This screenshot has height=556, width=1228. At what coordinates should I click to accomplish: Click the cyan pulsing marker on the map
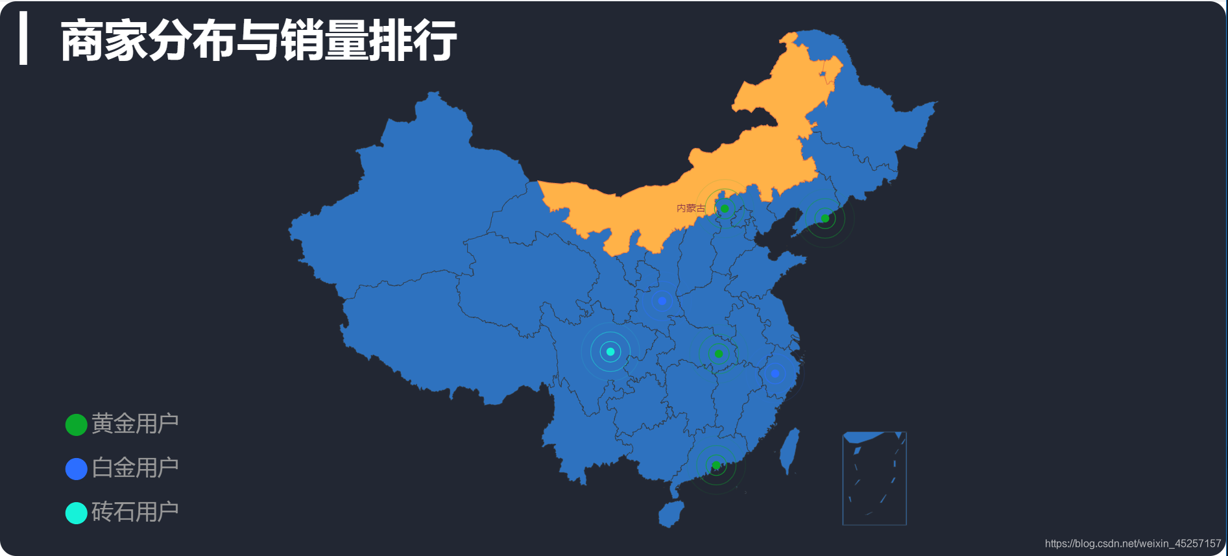tap(610, 352)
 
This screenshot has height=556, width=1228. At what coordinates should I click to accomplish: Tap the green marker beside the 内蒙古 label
tap(725, 208)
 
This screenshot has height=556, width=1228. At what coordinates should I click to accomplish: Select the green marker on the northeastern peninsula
tap(825, 218)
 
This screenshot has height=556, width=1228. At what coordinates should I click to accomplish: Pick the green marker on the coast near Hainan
tap(716, 465)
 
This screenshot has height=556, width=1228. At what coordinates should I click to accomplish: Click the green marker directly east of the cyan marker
tap(718, 354)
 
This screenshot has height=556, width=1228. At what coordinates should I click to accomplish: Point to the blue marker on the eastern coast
tap(775, 373)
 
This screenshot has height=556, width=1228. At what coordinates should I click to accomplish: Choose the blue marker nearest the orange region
tap(662, 300)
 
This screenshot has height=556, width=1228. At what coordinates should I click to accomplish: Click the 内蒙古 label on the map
tap(690, 208)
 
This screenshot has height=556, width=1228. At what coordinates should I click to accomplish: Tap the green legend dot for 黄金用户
tap(77, 425)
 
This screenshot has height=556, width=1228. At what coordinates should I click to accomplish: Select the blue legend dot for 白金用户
tap(77, 468)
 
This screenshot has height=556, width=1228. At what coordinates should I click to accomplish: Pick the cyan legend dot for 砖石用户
tap(77, 513)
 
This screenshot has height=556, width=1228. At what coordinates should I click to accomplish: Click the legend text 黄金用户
tap(135, 424)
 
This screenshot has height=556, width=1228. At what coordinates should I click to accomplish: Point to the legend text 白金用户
tap(135, 468)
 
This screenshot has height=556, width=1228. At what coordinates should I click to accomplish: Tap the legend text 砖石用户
tap(135, 512)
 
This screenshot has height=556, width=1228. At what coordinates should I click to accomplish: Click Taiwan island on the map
tap(789, 451)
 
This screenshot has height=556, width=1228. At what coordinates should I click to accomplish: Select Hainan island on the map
tap(671, 514)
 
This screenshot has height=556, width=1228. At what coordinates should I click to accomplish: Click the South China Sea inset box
tap(874, 478)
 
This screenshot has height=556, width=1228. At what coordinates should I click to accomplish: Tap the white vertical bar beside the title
tap(24, 38)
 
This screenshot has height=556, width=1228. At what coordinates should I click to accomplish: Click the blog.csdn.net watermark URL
tap(1133, 544)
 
